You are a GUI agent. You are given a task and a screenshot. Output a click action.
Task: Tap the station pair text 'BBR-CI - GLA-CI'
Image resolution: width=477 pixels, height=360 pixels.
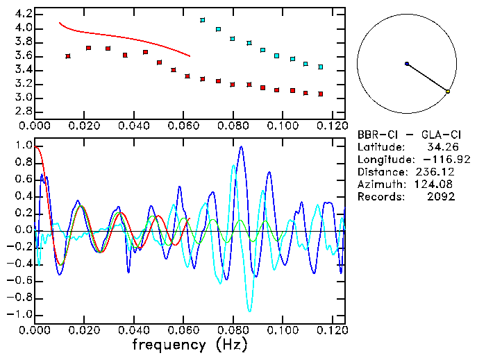[405, 135]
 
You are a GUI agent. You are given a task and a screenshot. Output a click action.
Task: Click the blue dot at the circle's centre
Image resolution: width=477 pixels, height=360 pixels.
[407, 64]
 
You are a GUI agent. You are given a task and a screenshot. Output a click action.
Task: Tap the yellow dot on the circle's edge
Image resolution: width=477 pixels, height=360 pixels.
[448, 92]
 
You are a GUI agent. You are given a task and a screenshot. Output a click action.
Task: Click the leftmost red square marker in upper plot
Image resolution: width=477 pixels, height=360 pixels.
[67, 55]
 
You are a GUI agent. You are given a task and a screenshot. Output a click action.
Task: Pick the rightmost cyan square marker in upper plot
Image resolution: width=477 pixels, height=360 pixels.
[320, 67]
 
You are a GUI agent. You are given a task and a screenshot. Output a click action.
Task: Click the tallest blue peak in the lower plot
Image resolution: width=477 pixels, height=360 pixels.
[241, 146]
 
